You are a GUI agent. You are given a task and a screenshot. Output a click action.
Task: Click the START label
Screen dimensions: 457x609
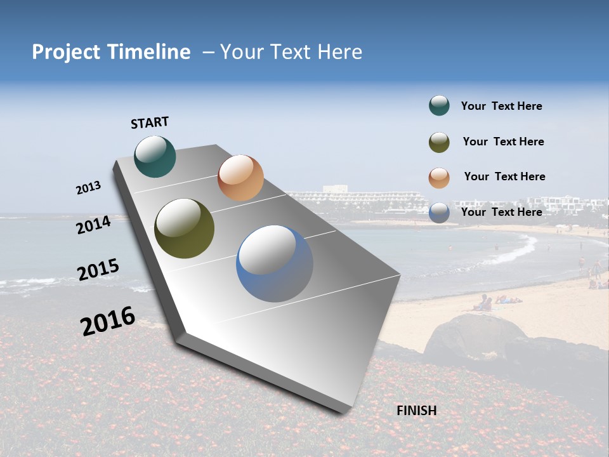pos(150,123)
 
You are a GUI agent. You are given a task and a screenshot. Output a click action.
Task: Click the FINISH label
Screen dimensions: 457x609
pos(416,411)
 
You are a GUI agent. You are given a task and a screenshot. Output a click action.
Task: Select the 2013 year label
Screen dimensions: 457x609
pos(88,188)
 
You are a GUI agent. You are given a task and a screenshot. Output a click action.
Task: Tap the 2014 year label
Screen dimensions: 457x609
pos(93,225)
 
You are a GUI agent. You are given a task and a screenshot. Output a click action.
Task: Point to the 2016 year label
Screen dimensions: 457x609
pos(107,321)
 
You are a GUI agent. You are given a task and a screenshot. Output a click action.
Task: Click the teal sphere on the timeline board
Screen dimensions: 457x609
pos(155,156)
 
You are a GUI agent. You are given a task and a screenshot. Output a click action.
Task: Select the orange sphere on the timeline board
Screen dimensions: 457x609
pos(240,178)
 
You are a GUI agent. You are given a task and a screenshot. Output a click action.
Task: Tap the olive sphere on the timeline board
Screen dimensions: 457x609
pos(184,228)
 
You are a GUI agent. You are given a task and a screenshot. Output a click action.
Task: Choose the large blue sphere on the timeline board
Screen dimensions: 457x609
pos(275,263)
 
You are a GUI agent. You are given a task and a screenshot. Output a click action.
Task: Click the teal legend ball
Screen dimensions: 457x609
pos(439,106)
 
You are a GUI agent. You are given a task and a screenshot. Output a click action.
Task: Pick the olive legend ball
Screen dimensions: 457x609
pos(439,142)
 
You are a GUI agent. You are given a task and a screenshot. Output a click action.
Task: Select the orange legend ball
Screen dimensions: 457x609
pos(439,178)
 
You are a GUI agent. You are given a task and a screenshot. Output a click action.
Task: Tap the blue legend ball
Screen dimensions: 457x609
pos(439,213)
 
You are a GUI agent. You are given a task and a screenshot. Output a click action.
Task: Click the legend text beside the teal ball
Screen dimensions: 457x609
pos(501,107)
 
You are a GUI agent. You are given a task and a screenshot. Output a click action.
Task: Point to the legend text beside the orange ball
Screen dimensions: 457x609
pos(504,176)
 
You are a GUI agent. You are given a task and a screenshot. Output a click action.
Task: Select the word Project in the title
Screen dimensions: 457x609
pos(66,52)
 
